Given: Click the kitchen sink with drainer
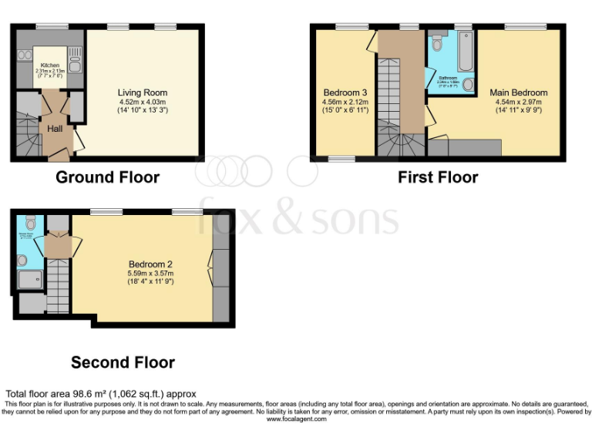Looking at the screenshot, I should click(x=75, y=56).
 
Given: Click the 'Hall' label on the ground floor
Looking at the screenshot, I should click(x=55, y=129).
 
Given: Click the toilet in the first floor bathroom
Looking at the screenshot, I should click(x=437, y=39).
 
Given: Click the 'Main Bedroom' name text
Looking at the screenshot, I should click(x=518, y=92).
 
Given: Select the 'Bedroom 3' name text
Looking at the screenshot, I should click(x=344, y=92).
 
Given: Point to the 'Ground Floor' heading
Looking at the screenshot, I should click(x=107, y=177).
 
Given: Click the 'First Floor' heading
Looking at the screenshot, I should click(x=437, y=177).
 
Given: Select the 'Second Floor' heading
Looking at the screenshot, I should click(x=123, y=362).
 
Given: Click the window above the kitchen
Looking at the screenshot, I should click(x=52, y=27).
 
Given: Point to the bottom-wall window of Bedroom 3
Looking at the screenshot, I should click(x=342, y=159).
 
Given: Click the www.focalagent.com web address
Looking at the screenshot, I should click(x=296, y=419).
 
